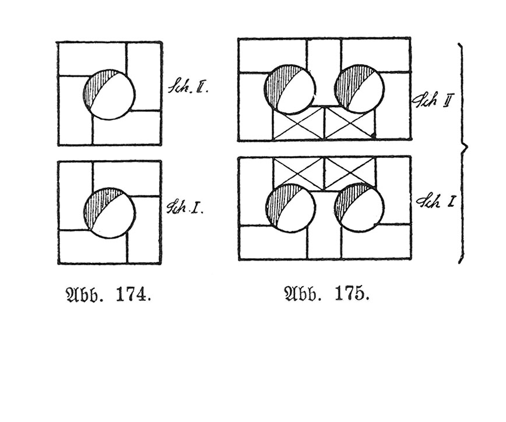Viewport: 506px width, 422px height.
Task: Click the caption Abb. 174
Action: pos(108,295)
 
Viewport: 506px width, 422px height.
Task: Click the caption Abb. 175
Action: pos(326,294)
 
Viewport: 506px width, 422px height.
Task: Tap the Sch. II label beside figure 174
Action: pos(188,87)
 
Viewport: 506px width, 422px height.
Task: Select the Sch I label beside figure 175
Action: pos(435,202)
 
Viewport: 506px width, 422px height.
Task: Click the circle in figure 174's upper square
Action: pos(109,94)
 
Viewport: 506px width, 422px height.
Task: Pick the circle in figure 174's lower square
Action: pos(109,213)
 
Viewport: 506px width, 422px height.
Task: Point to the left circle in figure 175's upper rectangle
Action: pos(290,89)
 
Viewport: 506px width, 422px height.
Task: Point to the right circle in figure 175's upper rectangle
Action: pos(359,89)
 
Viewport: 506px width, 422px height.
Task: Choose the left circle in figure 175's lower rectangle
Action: pos(290,208)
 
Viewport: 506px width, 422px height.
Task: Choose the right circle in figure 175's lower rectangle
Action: pos(359,208)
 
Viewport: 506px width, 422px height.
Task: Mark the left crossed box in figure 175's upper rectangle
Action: pos(298,123)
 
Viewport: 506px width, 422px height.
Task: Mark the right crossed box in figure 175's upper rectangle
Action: pos(350,123)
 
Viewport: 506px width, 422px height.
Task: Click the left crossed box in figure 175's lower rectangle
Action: pos(298,174)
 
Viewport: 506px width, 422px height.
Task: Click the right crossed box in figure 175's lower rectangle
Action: pos(350,174)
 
